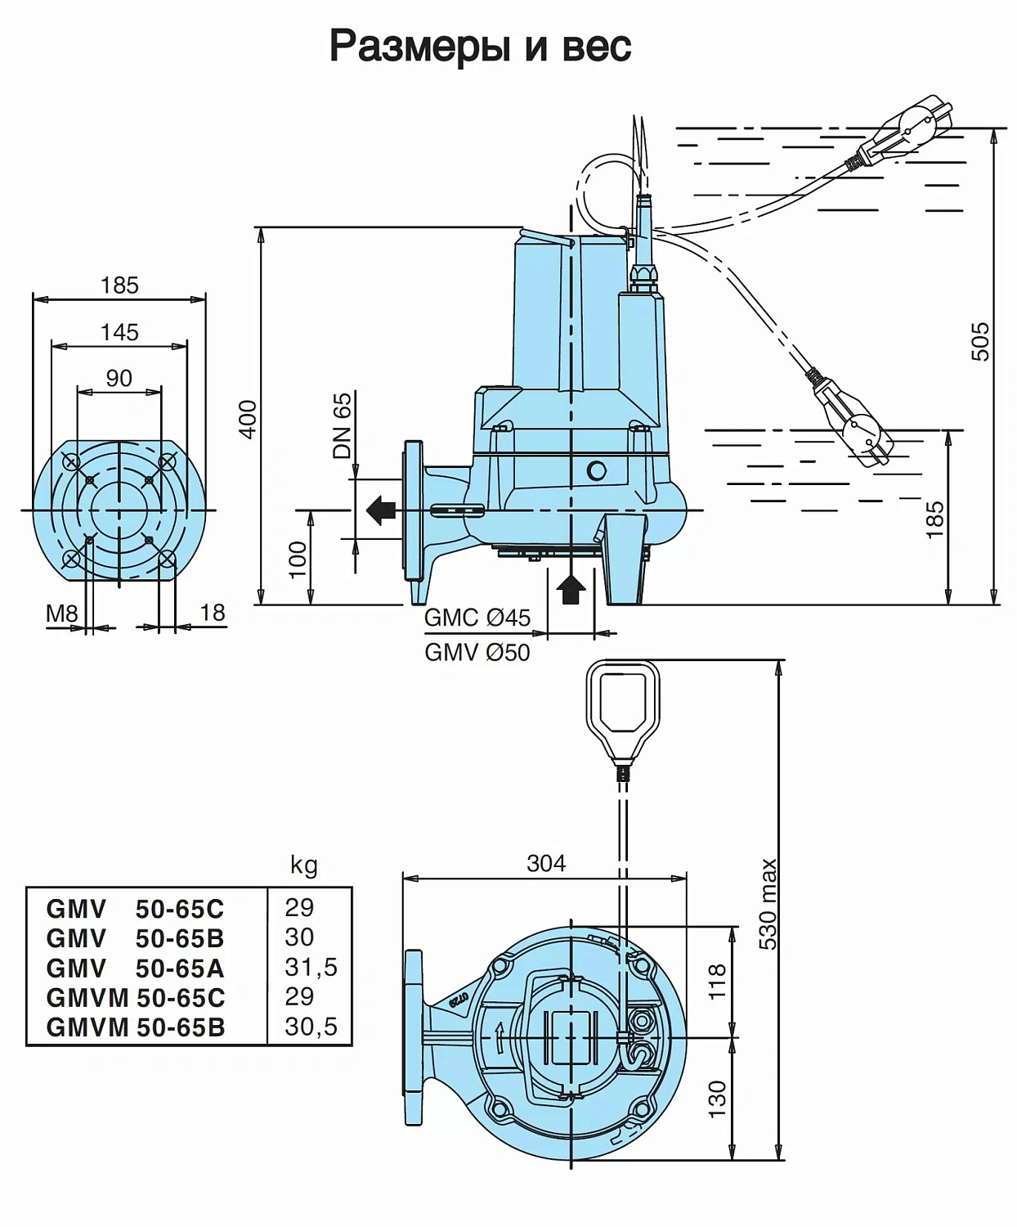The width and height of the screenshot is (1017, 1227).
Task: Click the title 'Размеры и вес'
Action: click(480, 45)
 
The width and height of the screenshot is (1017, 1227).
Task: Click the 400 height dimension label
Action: click(248, 418)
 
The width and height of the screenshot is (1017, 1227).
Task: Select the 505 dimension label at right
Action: click(979, 341)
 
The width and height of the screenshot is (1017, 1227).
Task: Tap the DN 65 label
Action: click(342, 425)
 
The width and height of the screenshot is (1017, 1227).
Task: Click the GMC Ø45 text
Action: click(477, 618)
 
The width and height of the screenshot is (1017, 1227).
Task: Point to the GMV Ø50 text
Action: click(477, 652)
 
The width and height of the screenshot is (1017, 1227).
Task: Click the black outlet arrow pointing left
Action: click(381, 510)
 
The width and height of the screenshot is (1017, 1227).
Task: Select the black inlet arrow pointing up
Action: click(571, 587)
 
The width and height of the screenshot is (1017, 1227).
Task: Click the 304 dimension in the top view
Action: click(545, 863)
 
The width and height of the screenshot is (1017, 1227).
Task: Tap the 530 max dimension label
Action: click(768, 904)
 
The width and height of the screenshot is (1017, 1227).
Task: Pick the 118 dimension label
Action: click(717, 980)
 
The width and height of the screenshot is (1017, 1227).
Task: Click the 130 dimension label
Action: click(717, 1099)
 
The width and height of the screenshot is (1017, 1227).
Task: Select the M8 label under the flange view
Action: click(61, 613)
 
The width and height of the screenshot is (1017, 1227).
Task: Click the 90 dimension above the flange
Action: click(119, 378)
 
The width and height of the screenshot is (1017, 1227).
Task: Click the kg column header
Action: click(303, 865)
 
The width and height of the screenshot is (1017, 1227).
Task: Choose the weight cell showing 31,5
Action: click(311, 967)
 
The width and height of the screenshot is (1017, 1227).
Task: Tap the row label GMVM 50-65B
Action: click(135, 1027)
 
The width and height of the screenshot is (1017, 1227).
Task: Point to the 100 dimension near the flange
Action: click(298, 559)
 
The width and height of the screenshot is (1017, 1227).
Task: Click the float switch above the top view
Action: click(623, 708)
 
